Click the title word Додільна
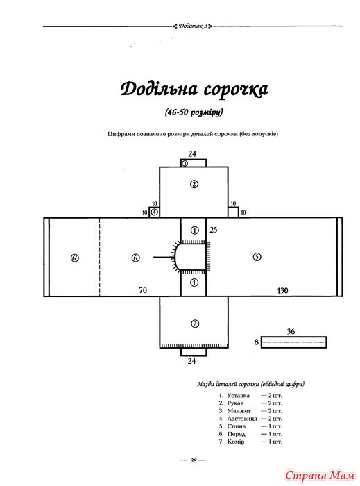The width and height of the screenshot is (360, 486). [x=159, y=90]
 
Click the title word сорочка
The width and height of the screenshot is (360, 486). [x=236, y=90]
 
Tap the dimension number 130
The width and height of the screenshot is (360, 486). [x=282, y=291]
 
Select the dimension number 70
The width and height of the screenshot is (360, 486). [x=143, y=290]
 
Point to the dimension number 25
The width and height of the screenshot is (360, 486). [x=213, y=230]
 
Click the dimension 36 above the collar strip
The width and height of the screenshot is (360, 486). [x=291, y=332]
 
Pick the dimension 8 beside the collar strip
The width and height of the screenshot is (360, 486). [x=257, y=342]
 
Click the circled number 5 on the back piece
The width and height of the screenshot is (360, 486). [x=257, y=257]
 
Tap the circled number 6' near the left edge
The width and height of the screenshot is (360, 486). [x=75, y=258]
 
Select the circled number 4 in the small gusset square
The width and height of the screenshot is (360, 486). [x=155, y=212]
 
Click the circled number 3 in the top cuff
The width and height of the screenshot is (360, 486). [x=185, y=163]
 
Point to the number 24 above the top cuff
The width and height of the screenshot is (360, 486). [x=192, y=153]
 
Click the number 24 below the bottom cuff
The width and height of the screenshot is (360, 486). [x=191, y=361]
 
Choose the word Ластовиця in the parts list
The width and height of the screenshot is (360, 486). [x=242, y=419]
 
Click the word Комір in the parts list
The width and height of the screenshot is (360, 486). [x=236, y=442]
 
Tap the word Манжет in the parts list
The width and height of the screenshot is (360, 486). [x=239, y=411]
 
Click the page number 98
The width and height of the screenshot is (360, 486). [x=193, y=460]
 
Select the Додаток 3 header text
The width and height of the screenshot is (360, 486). [x=193, y=26]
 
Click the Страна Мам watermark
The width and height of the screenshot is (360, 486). [x=320, y=476]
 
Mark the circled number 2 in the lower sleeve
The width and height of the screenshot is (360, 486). [x=195, y=324]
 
